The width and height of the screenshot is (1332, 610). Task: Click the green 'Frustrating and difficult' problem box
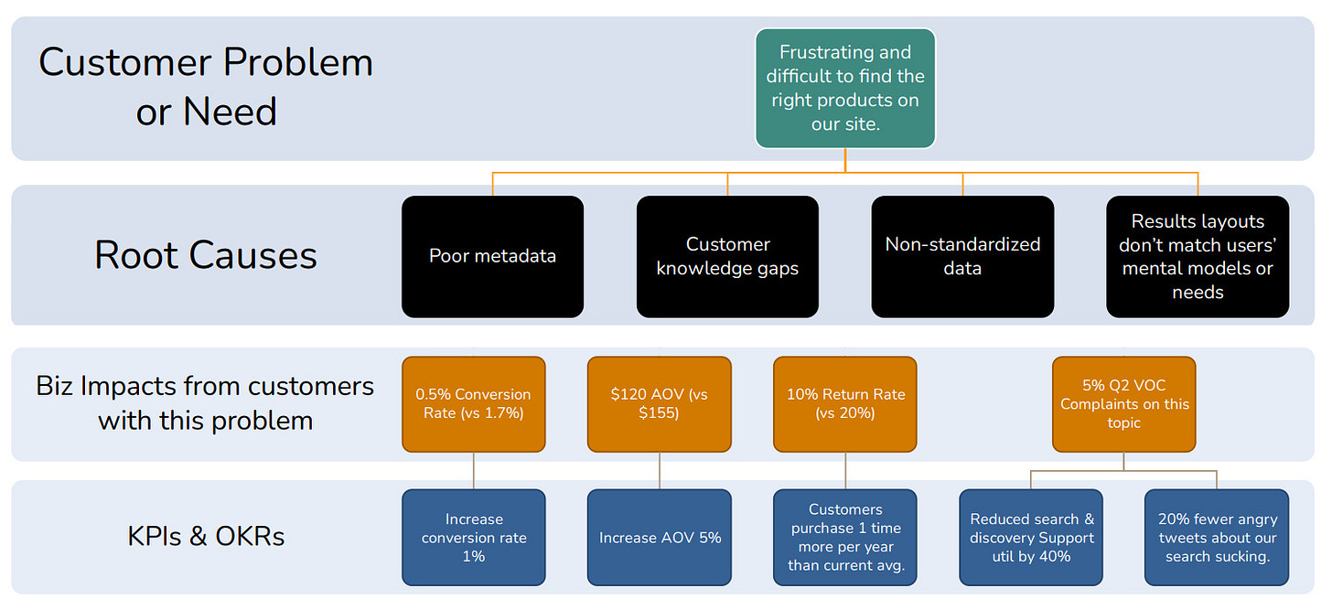845,89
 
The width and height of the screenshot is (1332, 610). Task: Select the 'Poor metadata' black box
492,256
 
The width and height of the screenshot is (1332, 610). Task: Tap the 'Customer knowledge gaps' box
727,256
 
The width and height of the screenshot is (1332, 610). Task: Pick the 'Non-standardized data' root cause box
962,256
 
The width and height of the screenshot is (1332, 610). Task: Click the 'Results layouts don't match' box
1198,256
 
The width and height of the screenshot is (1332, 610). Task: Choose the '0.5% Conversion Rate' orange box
473,404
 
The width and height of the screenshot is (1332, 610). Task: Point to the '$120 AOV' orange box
660,404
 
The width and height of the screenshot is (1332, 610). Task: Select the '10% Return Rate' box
845,404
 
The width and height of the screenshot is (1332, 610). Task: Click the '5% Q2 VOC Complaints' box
1123,404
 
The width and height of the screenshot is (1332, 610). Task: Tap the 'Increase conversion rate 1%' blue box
473,538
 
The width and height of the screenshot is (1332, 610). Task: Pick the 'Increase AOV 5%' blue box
660,538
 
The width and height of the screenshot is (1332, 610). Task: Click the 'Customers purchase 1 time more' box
845,538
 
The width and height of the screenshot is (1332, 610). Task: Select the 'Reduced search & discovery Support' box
1031,538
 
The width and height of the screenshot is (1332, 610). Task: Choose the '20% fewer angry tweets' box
1218,538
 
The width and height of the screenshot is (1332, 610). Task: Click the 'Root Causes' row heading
206,256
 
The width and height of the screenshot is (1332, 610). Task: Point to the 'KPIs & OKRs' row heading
206,536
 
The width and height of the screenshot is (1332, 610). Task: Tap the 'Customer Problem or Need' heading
206,87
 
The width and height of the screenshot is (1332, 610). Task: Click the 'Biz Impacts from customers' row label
205,403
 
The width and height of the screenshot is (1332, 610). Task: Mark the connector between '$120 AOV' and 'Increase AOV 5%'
660,471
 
